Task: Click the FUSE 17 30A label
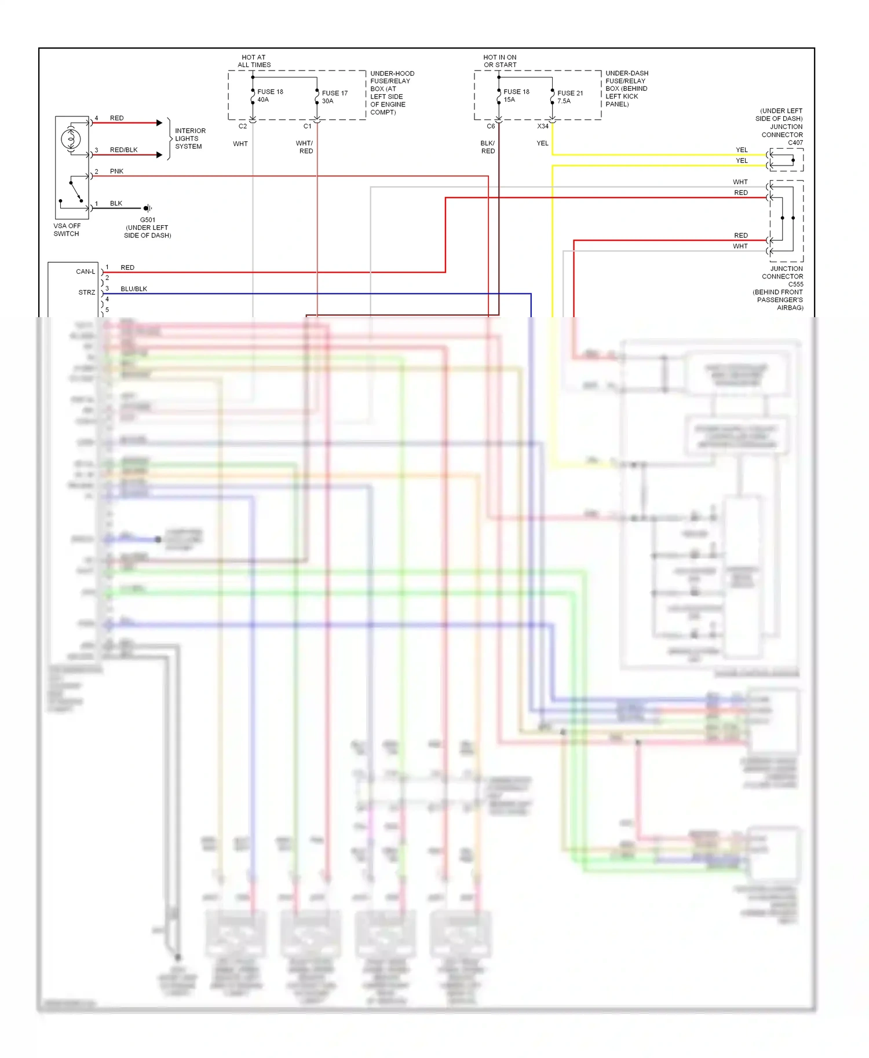334,97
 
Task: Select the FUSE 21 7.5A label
569,97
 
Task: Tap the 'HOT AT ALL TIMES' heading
254,61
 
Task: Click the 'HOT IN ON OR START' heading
500,61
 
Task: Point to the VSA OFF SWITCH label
67,230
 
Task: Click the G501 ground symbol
147,208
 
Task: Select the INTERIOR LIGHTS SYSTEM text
189,139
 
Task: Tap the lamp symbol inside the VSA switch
71,138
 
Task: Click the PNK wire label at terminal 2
116,171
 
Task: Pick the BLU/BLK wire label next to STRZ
134,289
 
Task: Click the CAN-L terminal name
85,271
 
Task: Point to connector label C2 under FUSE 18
243,126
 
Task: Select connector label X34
542,126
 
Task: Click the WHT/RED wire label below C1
305,147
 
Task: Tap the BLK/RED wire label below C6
488,147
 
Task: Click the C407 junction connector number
795,142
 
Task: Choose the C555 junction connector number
795,284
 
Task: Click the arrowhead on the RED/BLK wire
159,155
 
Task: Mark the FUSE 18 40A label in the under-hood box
269,95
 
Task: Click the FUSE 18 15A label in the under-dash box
516,95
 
